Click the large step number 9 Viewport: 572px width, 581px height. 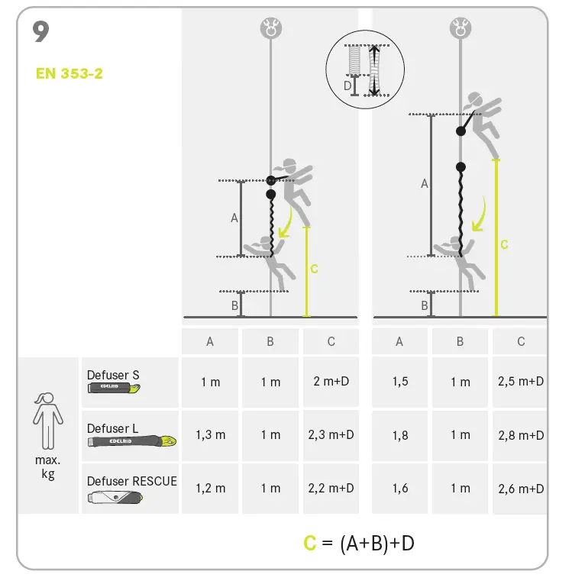(42, 31)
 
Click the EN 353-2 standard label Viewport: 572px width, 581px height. (69, 74)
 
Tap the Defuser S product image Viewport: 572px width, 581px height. (114, 389)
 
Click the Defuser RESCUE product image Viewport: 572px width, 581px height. (115, 497)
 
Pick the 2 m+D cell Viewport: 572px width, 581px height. (331, 381)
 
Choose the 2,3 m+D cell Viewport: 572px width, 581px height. (331, 434)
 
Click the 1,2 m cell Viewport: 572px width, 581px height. (210, 488)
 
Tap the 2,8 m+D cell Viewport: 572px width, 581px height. (521, 434)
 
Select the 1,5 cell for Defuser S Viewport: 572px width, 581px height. (400, 381)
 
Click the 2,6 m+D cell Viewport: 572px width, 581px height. (521, 488)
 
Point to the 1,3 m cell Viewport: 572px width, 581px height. (210, 434)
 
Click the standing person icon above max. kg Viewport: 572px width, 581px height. (47, 420)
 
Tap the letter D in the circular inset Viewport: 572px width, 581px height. (347, 86)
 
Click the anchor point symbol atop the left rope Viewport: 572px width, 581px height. (270, 29)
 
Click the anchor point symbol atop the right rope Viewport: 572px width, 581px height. (461, 29)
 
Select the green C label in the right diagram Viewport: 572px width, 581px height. (504, 244)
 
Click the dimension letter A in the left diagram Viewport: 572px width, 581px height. (234, 218)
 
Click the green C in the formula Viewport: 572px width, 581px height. (309, 543)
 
